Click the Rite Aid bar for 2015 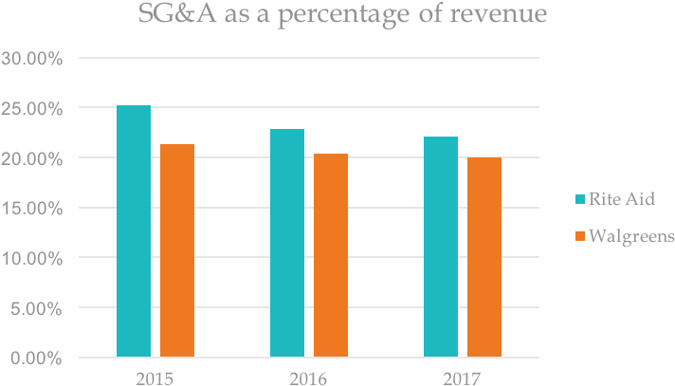coord(134,231)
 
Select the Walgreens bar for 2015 coord(177,251)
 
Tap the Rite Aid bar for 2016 coord(287,244)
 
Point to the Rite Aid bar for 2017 coord(441,248)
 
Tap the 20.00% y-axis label coord(32,158)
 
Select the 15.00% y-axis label coord(32,208)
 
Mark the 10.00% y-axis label coord(32,258)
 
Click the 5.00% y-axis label coord(36,308)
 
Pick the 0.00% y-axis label coord(36,358)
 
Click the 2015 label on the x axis coord(155,378)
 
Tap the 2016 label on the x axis coord(308,378)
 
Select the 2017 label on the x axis coord(462,378)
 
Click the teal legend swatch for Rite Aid coord(579,198)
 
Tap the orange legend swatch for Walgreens coord(579,234)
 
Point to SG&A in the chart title coord(169,17)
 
